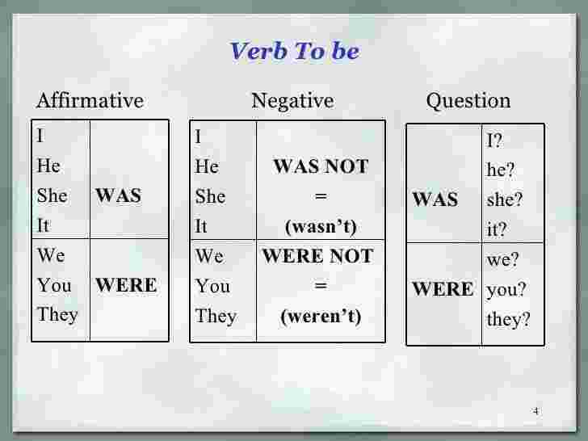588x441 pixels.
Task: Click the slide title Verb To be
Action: [x=294, y=52]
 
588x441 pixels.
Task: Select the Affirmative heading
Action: [x=90, y=101]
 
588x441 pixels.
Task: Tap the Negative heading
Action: [x=292, y=101]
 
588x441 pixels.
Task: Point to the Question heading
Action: [x=468, y=101]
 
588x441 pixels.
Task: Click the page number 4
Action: [x=535, y=412]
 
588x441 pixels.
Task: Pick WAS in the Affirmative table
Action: [x=118, y=196]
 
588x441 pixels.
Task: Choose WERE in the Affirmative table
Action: [x=126, y=286]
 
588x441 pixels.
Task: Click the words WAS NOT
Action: [x=321, y=167]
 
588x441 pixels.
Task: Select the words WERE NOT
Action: [x=317, y=257]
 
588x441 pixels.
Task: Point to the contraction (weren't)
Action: [x=320, y=316]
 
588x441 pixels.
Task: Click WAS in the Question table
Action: [x=435, y=199]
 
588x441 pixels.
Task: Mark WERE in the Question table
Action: [x=443, y=289]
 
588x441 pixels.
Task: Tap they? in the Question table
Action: [x=509, y=320]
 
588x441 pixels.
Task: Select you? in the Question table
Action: [x=507, y=290]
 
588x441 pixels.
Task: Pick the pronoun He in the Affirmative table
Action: [x=48, y=167]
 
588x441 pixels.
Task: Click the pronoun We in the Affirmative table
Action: [x=51, y=256]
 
